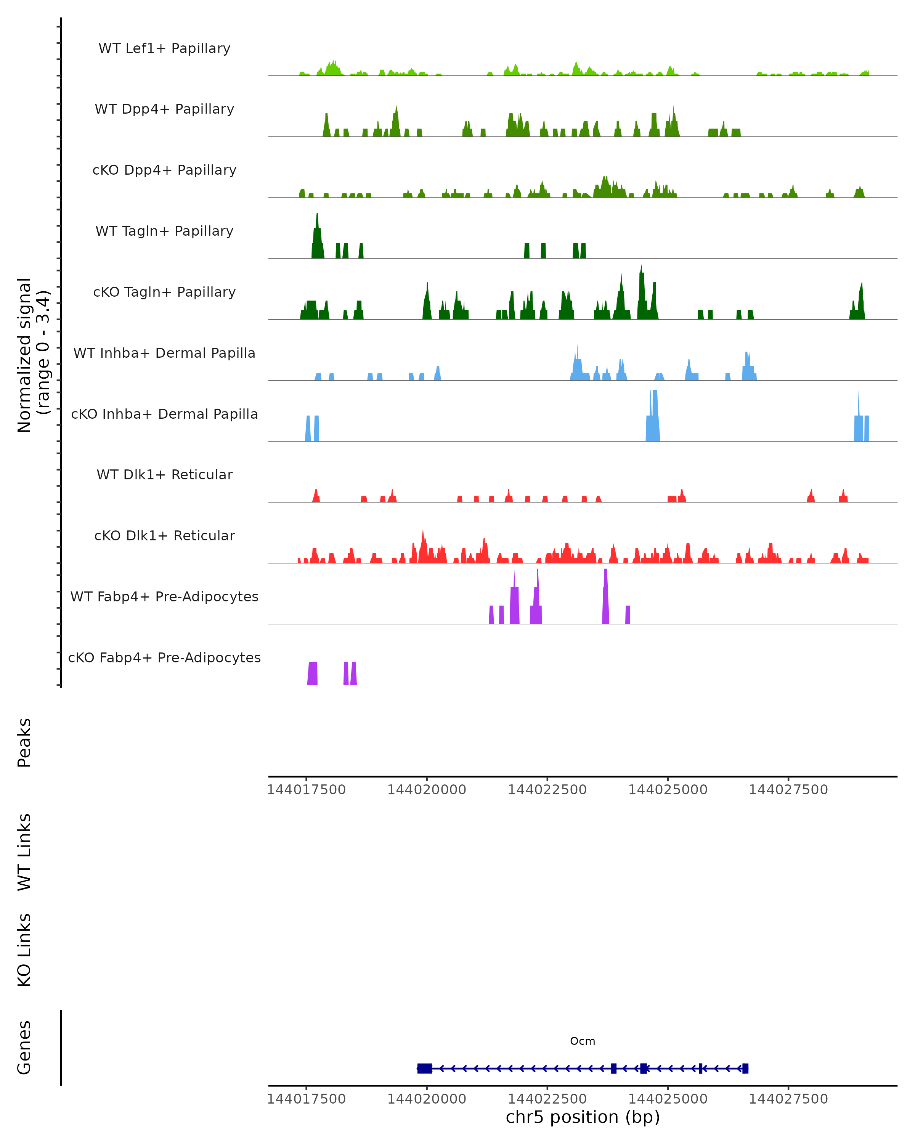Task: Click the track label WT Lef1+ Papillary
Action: tap(164, 48)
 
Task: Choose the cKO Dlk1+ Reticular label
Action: tap(164, 535)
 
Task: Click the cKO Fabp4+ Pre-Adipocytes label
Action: tap(164, 657)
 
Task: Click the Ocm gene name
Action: tap(583, 1041)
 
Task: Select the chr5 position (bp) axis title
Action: tap(583, 1117)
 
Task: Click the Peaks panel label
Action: tap(24, 742)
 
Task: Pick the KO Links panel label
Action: tap(24, 950)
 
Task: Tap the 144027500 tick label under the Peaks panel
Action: tap(788, 790)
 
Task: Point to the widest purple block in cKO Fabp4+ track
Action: tap(312, 673)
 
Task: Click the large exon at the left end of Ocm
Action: tap(424, 1068)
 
